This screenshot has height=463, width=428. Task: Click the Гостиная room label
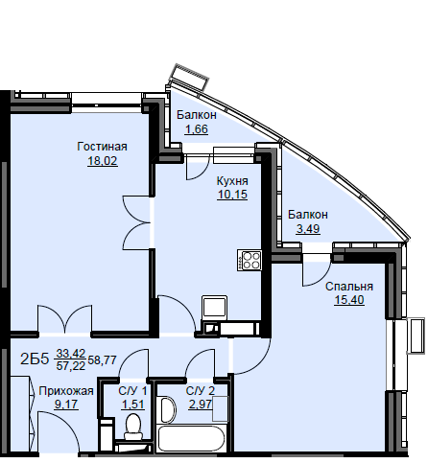pos(102,147)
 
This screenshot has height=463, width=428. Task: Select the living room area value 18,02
pos(103,161)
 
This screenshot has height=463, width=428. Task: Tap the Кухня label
pos(232,181)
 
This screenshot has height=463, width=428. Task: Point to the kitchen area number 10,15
pos(232,195)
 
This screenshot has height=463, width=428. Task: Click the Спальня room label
pos(349,287)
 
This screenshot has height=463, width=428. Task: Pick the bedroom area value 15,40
pos(349,300)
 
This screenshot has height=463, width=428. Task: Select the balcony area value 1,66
pos(197,129)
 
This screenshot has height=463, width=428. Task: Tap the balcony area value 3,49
pos(308,229)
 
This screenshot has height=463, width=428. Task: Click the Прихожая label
pos(66,391)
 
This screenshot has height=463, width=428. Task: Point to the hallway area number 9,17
pos(66,405)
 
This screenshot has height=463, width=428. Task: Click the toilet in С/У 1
pos(133,427)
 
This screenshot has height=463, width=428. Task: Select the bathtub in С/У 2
pos(192,438)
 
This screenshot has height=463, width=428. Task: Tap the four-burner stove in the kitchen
pos(250,261)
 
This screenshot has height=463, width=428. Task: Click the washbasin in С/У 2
pos(168,409)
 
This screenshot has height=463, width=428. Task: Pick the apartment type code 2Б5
pos(35,359)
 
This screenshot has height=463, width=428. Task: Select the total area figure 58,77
pos(102,359)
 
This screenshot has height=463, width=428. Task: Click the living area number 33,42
pos(71,353)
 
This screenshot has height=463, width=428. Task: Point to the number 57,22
pos(71,365)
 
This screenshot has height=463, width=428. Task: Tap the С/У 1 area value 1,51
pos(132,405)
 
